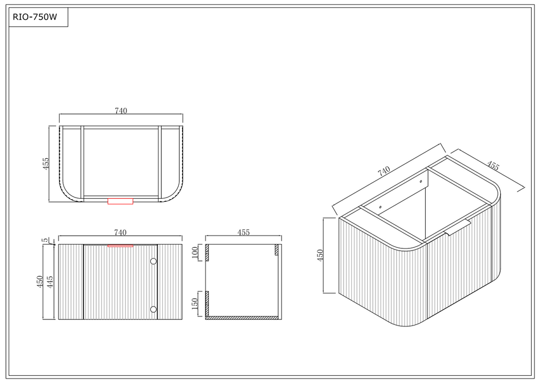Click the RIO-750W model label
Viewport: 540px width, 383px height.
tap(35, 17)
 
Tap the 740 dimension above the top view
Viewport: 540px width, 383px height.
tap(121, 111)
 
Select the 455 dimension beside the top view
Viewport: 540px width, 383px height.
tap(46, 164)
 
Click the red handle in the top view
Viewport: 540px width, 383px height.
tap(121, 201)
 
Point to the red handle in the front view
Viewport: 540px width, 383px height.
tap(121, 246)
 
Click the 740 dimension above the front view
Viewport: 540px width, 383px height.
tap(120, 233)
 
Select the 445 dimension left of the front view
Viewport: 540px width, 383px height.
tap(50, 282)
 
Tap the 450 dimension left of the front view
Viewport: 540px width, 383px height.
tap(40, 282)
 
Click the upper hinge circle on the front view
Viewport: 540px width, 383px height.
tap(154, 262)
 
